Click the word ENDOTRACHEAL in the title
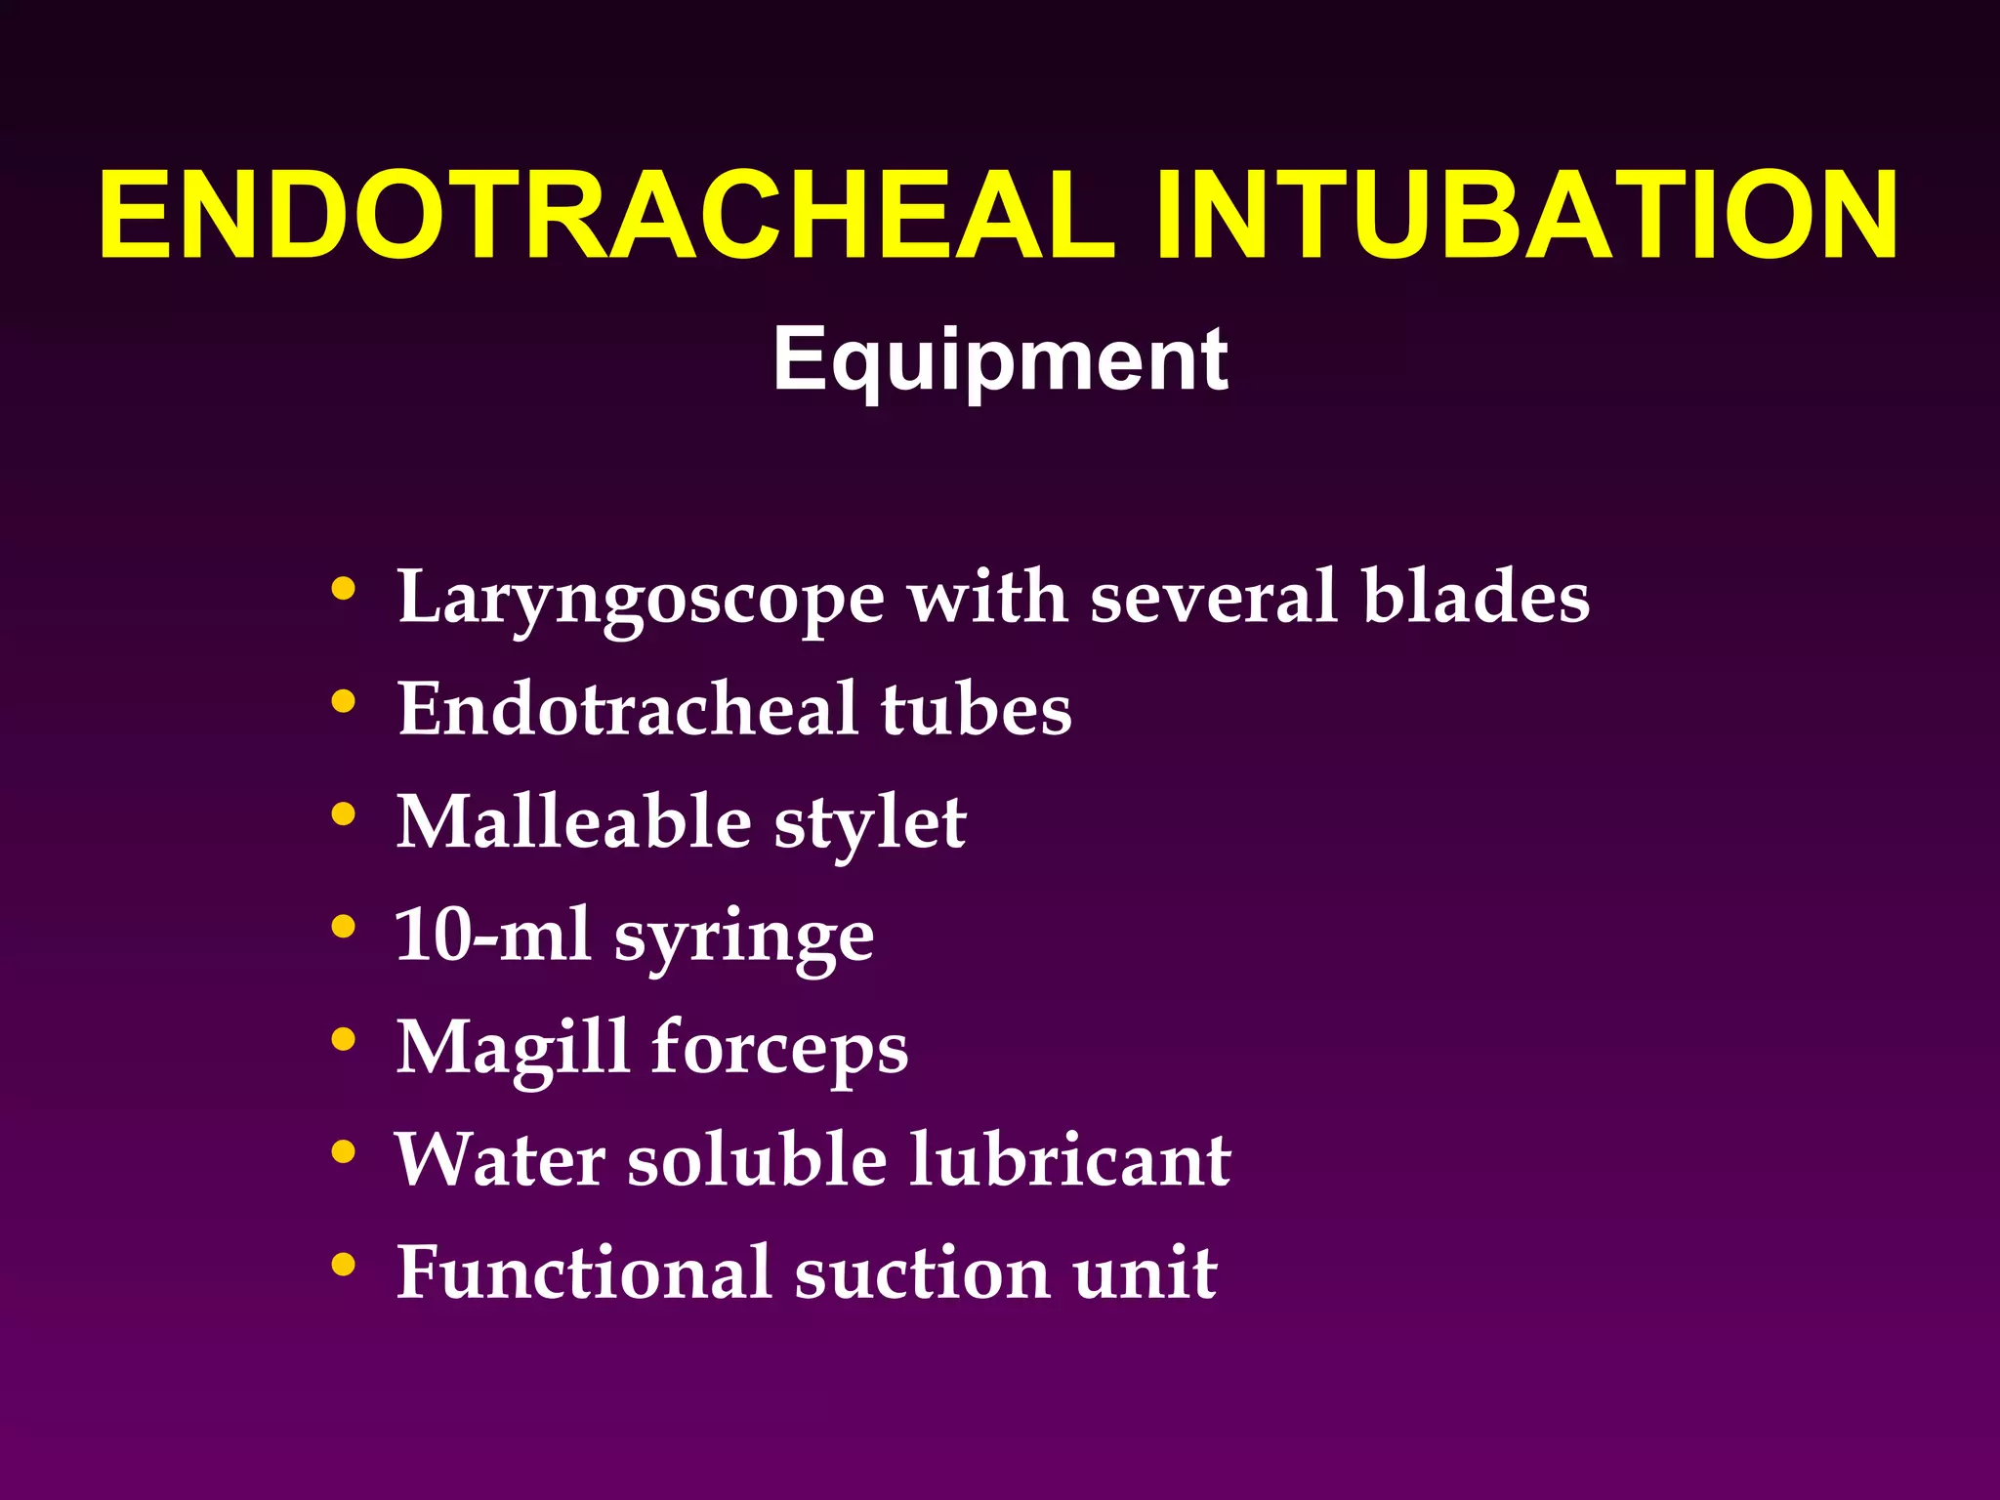[605, 216]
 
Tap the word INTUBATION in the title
[1526, 216]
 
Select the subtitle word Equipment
[1000, 361]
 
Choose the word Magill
[513, 1048]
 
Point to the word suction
[922, 1273]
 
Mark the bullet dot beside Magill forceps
[343, 1040]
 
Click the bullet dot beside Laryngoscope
[343, 589]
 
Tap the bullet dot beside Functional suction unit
[343, 1266]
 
